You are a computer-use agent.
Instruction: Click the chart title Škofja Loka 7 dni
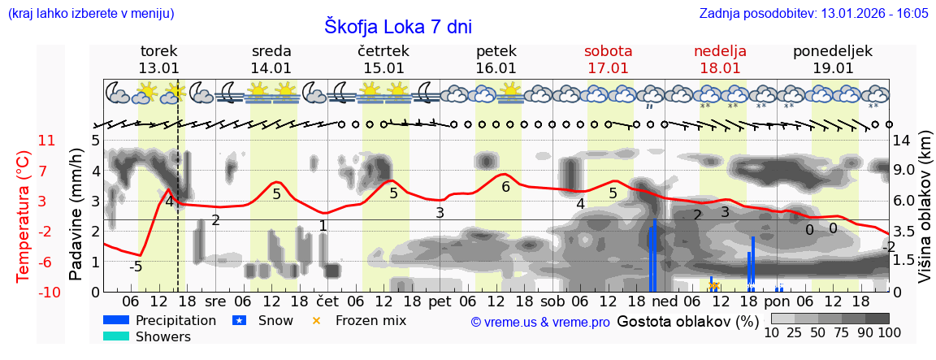[x=398, y=26]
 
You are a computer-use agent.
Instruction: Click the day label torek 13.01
[x=158, y=59]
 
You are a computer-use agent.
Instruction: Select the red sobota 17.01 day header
[x=608, y=59]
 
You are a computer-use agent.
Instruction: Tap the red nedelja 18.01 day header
[x=720, y=59]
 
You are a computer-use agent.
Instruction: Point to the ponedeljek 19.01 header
[x=833, y=59]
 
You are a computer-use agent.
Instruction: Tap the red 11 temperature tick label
[x=47, y=141]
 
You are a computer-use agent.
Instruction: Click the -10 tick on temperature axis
[x=45, y=292]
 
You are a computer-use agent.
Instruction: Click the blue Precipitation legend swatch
[x=116, y=320]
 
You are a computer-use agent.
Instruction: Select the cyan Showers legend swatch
[x=116, y=336]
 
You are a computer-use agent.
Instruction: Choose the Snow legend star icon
[x=239, y=320]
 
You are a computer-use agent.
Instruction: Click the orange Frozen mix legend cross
[x=317, y=320]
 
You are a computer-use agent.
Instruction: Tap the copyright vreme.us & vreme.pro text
[x=540, y=322]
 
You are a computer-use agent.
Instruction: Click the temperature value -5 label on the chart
[x=136, y=267]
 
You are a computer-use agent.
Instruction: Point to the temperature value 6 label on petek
[x=505, y=187]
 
